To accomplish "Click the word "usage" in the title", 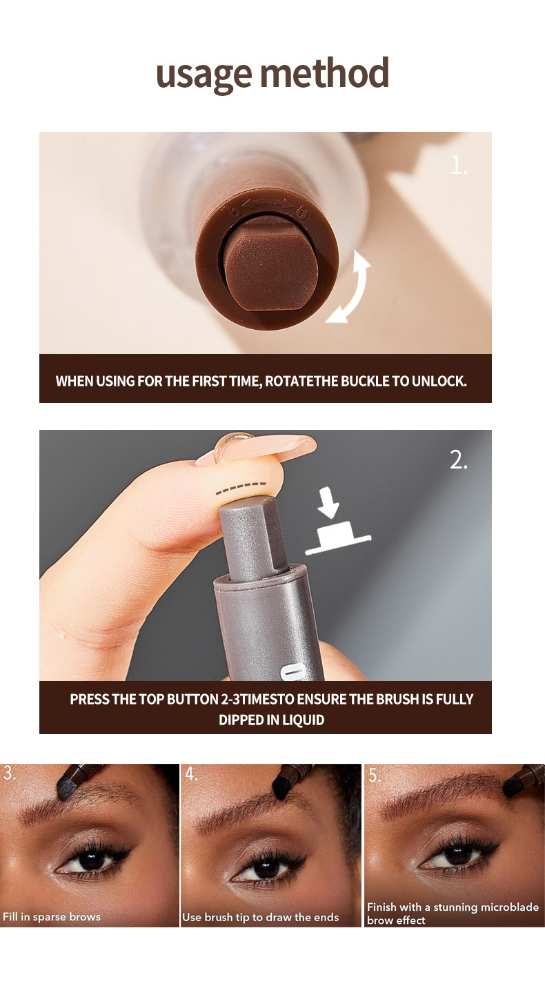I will click(x=204, y=75).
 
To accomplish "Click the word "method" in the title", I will click(x=324, y=73).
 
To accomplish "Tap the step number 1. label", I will click(x=459, y=165).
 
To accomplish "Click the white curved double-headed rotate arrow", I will click(x=350, y=287).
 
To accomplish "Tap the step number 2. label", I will click(x=459, y=461).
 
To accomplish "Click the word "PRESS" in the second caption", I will click(x=90, y=699).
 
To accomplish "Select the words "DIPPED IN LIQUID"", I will click(x=271, y=720).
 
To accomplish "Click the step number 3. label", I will click(x=9, y=774).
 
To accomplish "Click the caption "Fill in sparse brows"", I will click(x=52, y=917).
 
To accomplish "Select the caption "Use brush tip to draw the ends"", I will click(x=261, y=917).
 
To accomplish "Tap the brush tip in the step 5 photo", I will click(x=514, y=785).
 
